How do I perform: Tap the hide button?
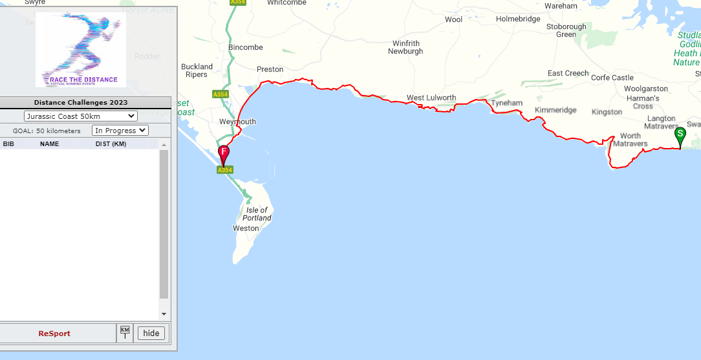point(151,334)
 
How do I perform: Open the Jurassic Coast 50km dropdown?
point(81,116)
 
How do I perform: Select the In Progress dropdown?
point(120,131)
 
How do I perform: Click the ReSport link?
point(54,334)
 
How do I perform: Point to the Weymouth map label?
point(237,122)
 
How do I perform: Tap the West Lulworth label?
point(431,98)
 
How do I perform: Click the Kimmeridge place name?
point(555,111)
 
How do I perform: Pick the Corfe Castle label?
point(612,78)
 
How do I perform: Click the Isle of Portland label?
point(257,214)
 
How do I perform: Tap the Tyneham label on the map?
point(506,103)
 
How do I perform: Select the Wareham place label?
point(561,6)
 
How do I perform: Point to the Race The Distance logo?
point(81,50)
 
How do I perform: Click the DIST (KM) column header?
point(111,143)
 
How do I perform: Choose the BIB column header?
point(8,143)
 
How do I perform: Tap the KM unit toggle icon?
point(125,333)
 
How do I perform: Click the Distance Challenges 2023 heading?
point(81,102)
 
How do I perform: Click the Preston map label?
point(270,69)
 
